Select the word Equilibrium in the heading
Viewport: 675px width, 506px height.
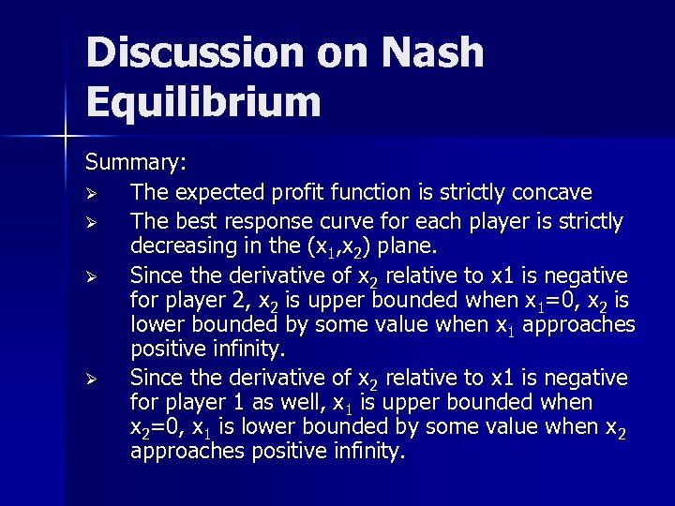click(203, 102)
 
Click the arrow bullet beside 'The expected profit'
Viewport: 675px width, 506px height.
click(92, 192)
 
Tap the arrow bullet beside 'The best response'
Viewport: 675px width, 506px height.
click(92, 222)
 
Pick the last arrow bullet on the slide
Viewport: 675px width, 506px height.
click(92, 378)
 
